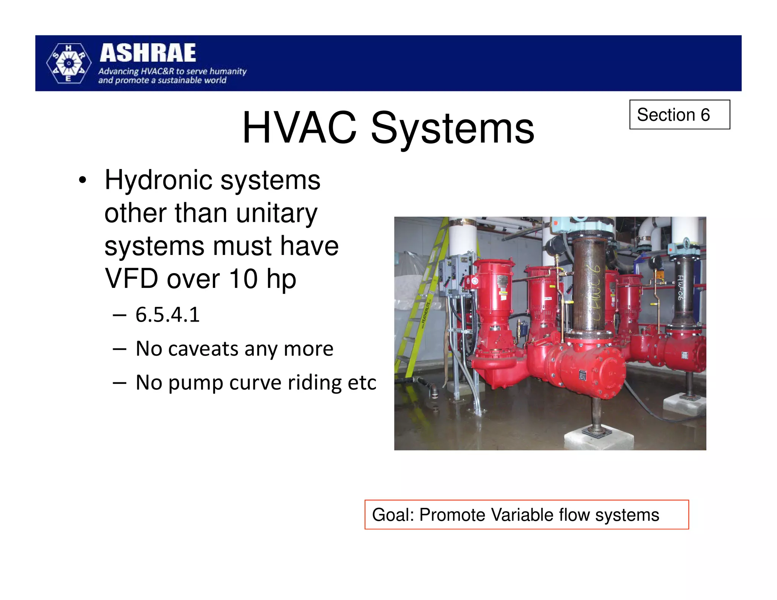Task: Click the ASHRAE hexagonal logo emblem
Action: click(x=69, y=63)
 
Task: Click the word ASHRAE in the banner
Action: click(x=148, y=53)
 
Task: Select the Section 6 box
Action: click(x=679, y=115)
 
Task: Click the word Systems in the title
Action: click(x=452, y=128)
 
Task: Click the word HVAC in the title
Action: click(x=299, y=128)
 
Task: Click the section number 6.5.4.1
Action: click(x=167, y=315)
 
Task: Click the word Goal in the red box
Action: click(x=392, y=515)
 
